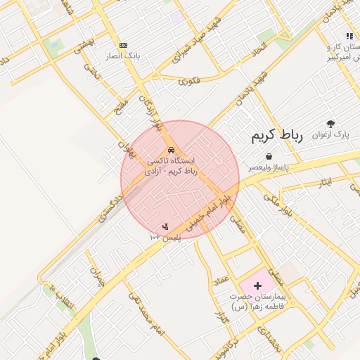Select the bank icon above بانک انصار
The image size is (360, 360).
click(124, 45)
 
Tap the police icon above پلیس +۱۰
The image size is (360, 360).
click(165, 226)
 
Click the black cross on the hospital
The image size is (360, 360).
click(257, 285)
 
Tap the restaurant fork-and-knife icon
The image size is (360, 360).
click(349, 36)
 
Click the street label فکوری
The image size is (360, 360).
click(189, 81)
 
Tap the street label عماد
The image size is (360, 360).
click(223, 281)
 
